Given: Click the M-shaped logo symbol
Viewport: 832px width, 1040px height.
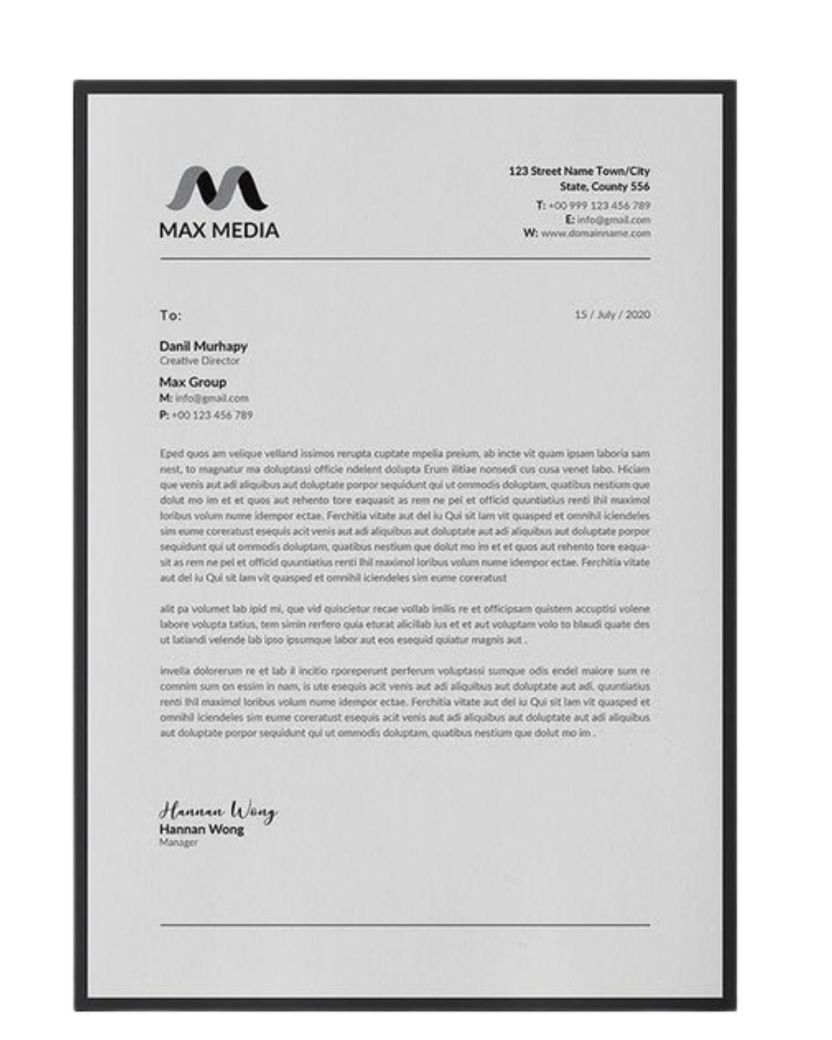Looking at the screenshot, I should click(217, 188).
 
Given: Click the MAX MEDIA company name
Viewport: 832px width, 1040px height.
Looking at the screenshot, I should click(219, 231).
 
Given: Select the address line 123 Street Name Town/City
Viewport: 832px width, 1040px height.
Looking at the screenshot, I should click(579, 171).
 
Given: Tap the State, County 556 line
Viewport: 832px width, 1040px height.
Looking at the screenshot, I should click(604, 187).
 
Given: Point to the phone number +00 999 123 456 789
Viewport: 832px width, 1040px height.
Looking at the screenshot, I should click(600, 206).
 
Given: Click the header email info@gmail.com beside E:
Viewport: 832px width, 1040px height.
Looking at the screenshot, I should click(613, 220).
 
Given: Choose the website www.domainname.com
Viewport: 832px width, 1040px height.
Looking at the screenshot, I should click(596, 234).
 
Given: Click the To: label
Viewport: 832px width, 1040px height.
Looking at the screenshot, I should click(171, 316).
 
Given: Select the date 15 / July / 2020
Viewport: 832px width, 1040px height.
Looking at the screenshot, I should click(612, 315).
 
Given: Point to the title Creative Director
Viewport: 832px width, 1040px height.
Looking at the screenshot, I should click(199, 361).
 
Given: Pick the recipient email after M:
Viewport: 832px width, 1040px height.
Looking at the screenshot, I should click(212, 399).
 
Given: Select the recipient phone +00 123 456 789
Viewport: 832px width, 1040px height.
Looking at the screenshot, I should click(212, 415).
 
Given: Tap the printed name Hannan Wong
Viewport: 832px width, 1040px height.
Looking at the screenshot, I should click(201, 830).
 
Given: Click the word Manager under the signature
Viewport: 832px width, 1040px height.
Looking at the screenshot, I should click(178, 843).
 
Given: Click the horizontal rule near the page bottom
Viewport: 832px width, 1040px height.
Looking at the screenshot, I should click(405, 925).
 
